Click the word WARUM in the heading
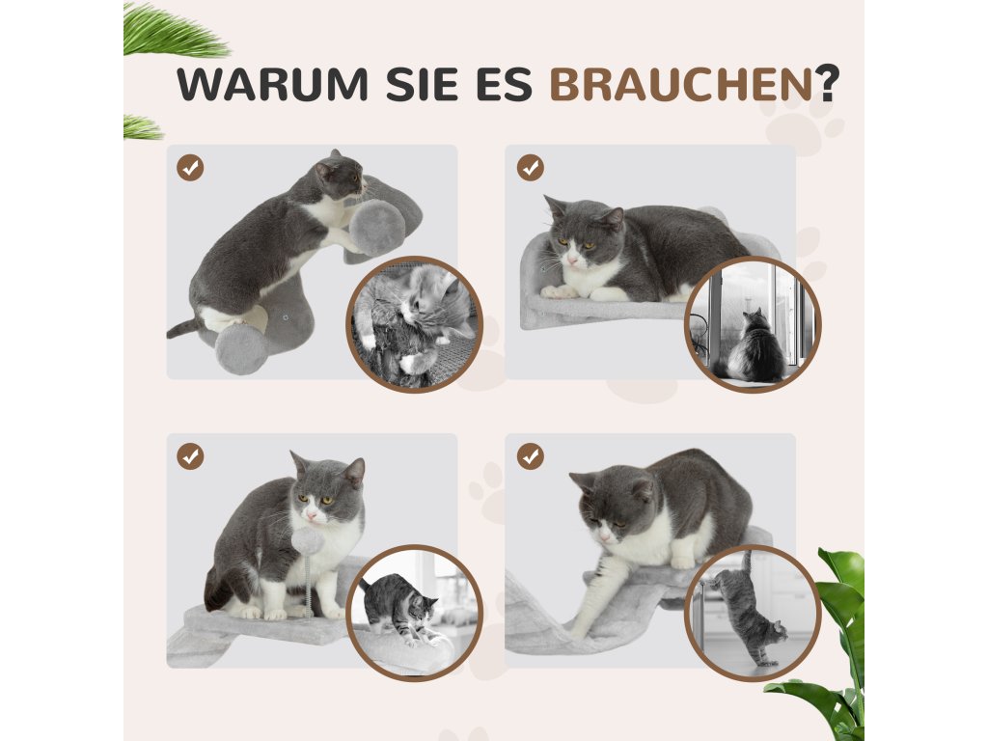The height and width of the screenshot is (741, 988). [272, 84]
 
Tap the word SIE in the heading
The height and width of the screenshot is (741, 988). [422, 84]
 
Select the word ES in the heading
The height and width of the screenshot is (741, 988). [504, 84]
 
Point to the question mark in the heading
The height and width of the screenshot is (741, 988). [826, 83]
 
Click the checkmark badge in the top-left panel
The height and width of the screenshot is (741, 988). [190, 168]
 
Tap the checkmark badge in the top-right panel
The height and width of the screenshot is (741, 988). [531, 168]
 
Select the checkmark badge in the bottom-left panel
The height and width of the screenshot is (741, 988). [190, 456]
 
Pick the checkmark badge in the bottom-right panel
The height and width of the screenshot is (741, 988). [531, 456]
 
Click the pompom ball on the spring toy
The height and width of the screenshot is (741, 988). [308, 540]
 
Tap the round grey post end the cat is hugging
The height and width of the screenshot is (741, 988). [377, 227]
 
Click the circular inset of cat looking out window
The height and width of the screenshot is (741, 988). [753, 324]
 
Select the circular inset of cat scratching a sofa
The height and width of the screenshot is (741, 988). [414, 613]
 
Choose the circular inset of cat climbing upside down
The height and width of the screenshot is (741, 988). [753, 613]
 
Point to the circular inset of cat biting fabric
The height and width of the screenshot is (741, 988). [414, 324]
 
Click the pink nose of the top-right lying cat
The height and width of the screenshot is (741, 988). [573, 260]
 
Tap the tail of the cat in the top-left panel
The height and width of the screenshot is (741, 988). [182, 328]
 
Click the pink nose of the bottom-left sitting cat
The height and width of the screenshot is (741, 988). [312, 516]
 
